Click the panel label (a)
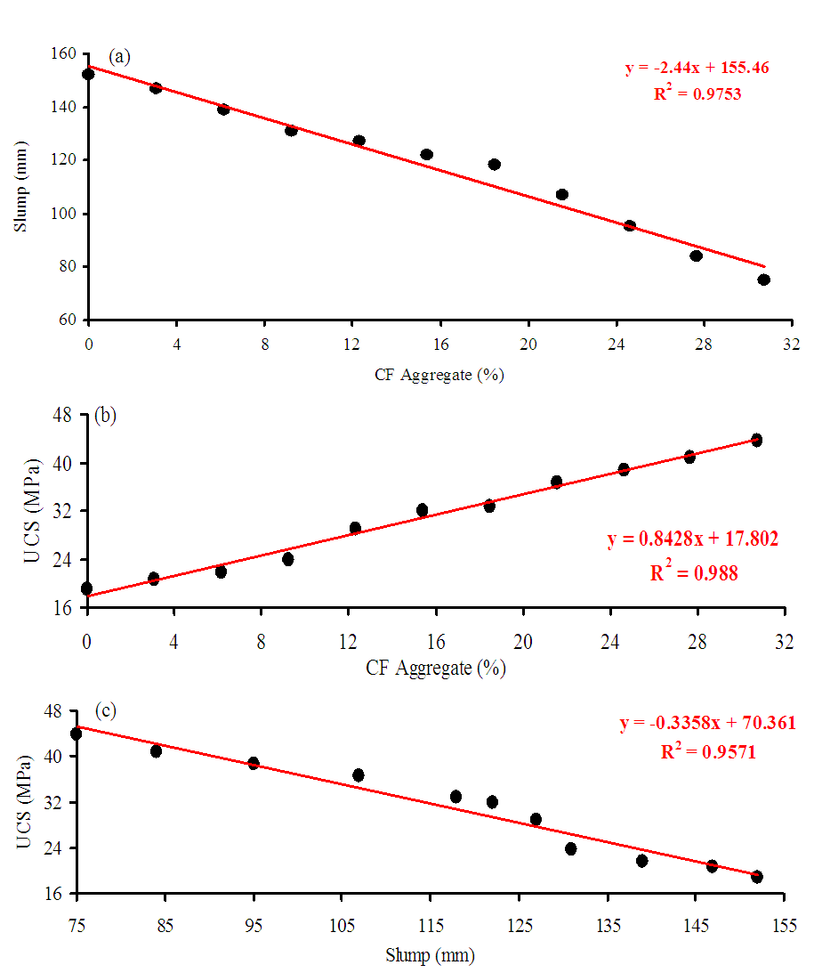click(x=120, y=57)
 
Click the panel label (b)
click(x=106, y=415)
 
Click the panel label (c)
click(x=107, y=711)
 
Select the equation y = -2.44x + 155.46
click(x=697, y=67)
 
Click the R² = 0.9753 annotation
click(x=697, y=93)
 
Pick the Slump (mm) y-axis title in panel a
click(x=20, y=187)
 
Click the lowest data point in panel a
click(x=763, y=280)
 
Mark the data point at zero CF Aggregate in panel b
click(x=86, y=588)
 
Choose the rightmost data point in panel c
click(x=757, y=877)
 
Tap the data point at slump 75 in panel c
click(x=77, y=734)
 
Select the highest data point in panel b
click(x=756, y=440)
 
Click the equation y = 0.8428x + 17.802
click(x=693, y=539)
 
